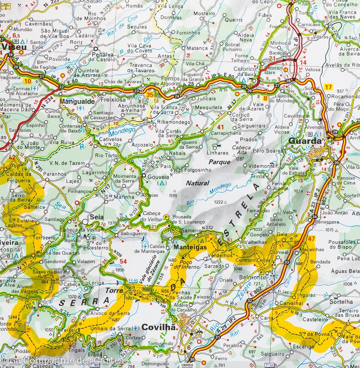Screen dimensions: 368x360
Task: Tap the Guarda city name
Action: pyautogui.click(x=305, y=141)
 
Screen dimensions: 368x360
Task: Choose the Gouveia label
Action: pyautogui.click(x=158, y=177)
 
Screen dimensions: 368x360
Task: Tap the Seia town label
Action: pyautogui.click(x=96, y=217)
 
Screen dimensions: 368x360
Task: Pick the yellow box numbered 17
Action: pyautogui.click(x=328, y=87)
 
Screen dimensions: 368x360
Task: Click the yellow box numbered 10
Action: pyautogui.click(x=28, y=81)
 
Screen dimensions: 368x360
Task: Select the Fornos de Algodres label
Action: pyautogui.click(x=170, y=81)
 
